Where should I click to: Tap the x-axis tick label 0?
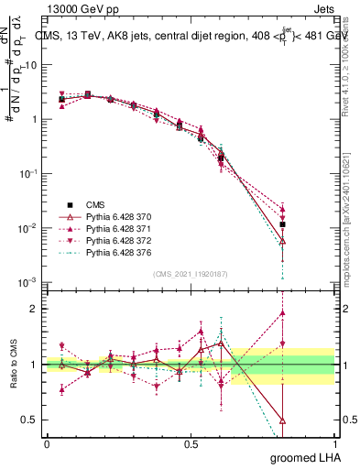[x=47, y=443]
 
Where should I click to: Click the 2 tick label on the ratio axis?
[x=34, y=309]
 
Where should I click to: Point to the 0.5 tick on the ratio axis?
[x=28, y=420]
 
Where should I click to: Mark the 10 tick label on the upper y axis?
[x=29, y=65]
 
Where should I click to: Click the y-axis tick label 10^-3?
[x=27, y=281]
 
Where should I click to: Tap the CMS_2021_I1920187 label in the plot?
[x=190, y=274]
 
